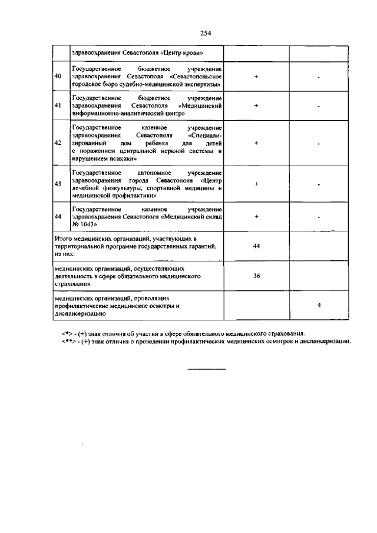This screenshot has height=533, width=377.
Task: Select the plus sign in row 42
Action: (256, 143)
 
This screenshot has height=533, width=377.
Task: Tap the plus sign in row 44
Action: (256, 216)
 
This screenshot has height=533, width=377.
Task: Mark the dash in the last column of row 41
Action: (318, 106)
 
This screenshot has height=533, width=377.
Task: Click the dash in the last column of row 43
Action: (318, 184)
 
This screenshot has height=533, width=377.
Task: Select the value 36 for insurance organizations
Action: (256, 275)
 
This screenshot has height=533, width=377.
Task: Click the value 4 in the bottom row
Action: (318, 306)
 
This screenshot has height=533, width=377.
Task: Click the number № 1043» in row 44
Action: (84, 224)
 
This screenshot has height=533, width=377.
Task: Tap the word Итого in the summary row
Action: (62, 238)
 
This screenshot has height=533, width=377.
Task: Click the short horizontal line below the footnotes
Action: (206, 369)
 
